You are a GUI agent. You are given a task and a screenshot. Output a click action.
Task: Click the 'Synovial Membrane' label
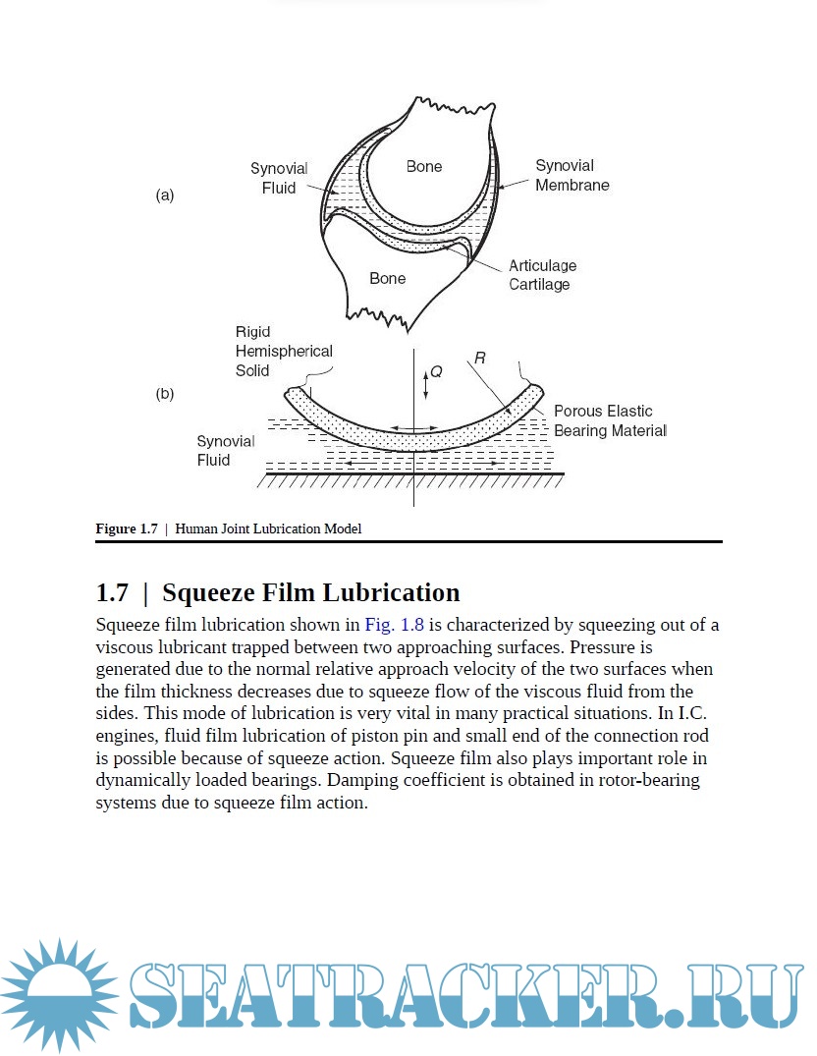[x=572, y=175]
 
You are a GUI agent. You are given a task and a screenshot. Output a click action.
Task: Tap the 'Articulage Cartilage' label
[x=542, y=275]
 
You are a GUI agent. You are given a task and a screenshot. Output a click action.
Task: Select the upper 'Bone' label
[x=424, y=167]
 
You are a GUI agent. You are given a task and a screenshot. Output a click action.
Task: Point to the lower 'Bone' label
[x=388, y=279]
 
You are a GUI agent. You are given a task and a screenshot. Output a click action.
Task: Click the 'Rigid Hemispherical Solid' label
[x=284, y=352]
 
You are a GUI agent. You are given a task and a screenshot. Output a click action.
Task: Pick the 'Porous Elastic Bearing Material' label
[x=610, y=420]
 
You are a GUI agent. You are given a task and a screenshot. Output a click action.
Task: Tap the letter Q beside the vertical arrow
[x=437, y=372]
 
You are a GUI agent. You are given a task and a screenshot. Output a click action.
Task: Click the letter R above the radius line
[x=479, y=360]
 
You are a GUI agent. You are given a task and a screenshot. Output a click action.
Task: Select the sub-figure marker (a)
[x=165, y=195]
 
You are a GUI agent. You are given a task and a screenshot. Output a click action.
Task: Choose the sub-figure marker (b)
[x=165, y=394]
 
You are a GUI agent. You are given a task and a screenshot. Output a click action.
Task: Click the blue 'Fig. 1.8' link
[x=393, y=625]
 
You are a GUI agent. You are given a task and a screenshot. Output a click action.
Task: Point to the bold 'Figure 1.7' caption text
[x=127, y=528]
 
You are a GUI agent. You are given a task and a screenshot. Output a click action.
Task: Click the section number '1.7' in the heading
[x=112, y=593]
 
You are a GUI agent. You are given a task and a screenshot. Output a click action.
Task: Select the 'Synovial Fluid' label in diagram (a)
[x=279, y=178]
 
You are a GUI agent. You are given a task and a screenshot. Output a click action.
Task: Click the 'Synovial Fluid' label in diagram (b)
[x=226, y=451]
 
